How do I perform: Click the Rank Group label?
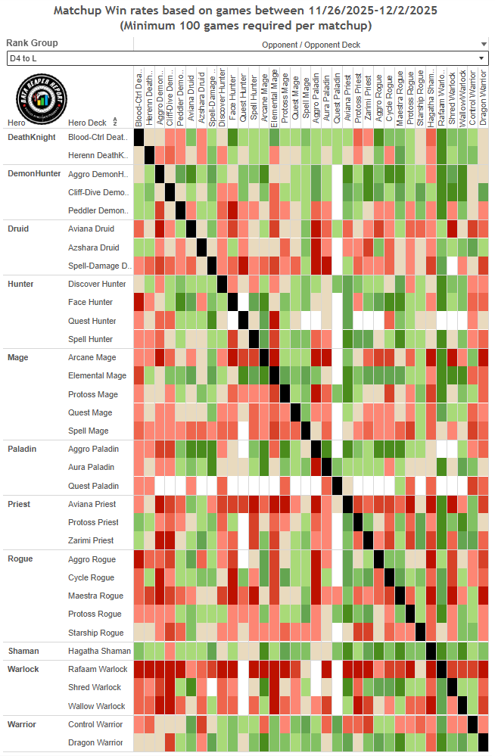click(x=32, y=43)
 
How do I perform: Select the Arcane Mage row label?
click(x=92, y=357)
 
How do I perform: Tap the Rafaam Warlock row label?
click(x=98, y=669)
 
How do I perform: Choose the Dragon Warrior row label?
click(x=95, y=743)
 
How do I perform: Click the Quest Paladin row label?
click(x=93, y=486)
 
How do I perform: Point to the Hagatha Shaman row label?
click(x=99, y=651)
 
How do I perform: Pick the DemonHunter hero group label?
click(x=34, y=173)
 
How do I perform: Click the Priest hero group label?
click(x=19, y=504)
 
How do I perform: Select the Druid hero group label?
click(x=18, y=229)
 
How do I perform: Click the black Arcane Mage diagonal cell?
click(x=265, y=357)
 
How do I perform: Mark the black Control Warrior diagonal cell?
click(x=472, y=724)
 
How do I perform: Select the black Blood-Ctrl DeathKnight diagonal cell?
click(x=139, y=137)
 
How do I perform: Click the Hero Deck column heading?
click(x=87, y=122)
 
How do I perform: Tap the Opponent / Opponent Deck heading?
click(x=311, y=45)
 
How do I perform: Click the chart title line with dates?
click(x=247, y=11)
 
